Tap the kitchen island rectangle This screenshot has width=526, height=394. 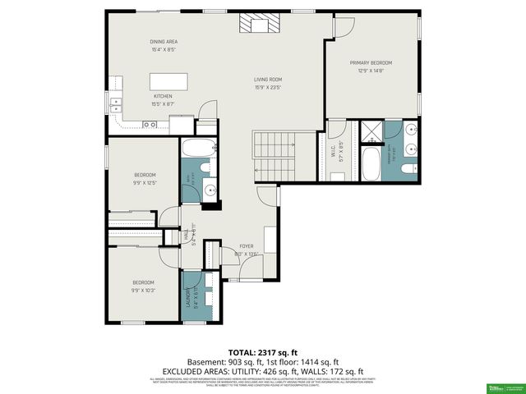(168, 82)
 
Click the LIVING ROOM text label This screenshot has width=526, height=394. (269, 80)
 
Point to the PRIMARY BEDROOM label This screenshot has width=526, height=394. (371, 62)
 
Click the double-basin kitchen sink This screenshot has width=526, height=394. (116, 103)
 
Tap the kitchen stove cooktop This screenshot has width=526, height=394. (150, 124)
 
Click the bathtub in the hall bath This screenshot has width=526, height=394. (196, 149)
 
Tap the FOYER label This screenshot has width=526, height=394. (246, 246)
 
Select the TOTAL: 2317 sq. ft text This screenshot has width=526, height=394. (263, 351)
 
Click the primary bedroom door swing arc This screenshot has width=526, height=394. (344, 27)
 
